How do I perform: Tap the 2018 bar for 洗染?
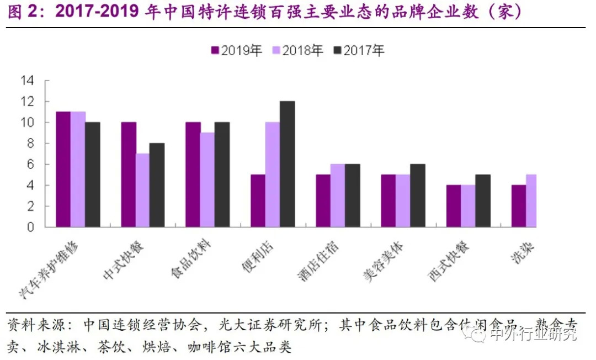click(x=531, y=201)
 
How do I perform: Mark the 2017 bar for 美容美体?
click(x=417, y=195)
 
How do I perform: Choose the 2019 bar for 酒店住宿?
click(x=323, y=201)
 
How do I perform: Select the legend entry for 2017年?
click(x=359, y=51)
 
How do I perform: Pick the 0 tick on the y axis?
click(x=31, y=227)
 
